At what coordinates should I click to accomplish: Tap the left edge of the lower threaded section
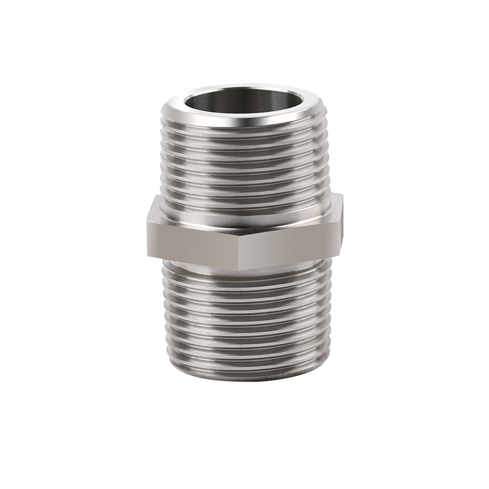coord(166,320)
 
